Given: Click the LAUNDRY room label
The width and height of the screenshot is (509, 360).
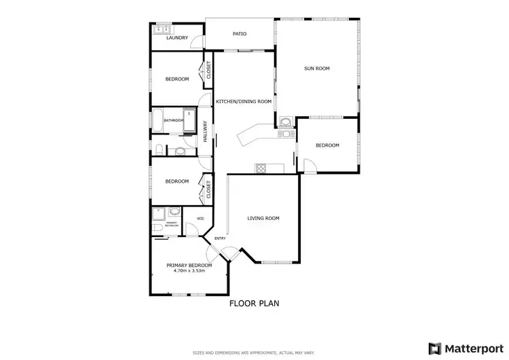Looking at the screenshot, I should [x=177, y=38].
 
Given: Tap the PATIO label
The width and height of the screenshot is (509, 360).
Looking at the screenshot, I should [x=240, y=33].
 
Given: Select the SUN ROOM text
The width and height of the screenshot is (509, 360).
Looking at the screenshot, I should [x=317, y=68].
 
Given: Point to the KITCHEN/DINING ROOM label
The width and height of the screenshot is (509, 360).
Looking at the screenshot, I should [x=244, y=101].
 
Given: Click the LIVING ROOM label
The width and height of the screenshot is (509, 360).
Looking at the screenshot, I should [x=263, y=218].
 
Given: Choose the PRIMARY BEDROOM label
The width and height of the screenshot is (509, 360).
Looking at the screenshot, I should [x=189, y=265].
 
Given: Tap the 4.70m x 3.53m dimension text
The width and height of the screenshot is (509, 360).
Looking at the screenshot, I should [x=189, y=272].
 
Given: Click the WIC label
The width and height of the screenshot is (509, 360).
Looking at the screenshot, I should [x=200, y=218].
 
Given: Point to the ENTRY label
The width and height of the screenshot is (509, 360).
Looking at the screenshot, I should [x=220, y=238].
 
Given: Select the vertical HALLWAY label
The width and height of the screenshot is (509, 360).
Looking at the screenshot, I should [x=204, y=131].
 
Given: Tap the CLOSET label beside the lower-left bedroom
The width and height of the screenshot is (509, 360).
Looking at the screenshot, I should [x=208, y=190].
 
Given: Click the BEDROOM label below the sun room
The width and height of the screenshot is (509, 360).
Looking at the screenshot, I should [x=327, y=145].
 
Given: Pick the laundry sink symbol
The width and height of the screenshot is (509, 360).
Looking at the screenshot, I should [x=164, y=29].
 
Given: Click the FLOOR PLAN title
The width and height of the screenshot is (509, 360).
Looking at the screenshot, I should [x=254, y=304].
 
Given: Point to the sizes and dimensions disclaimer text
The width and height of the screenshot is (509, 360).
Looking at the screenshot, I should [x=254, y=353].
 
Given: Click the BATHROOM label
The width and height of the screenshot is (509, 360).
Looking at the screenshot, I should [x=174, y=120].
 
